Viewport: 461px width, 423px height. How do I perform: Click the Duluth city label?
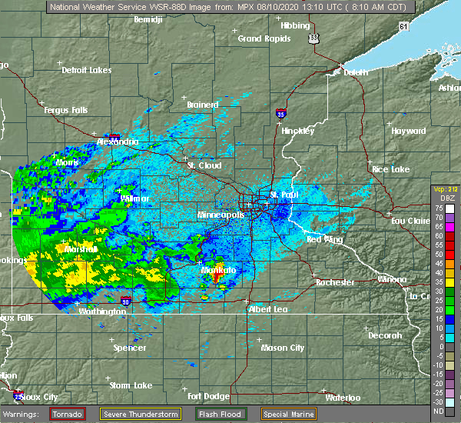(x=350, y=73)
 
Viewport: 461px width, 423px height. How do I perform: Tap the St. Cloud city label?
(x=204, y=165)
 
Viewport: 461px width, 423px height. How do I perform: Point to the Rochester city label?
(x=336, y=282)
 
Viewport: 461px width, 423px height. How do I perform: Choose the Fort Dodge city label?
(x=208, y=397)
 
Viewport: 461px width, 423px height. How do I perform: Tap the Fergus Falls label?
(x=65, y=110)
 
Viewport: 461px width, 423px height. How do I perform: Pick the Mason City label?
(x=284, y=348)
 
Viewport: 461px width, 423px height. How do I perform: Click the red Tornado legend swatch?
(x=67, y=414)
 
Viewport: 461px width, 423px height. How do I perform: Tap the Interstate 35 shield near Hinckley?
(x=281, y=114)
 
